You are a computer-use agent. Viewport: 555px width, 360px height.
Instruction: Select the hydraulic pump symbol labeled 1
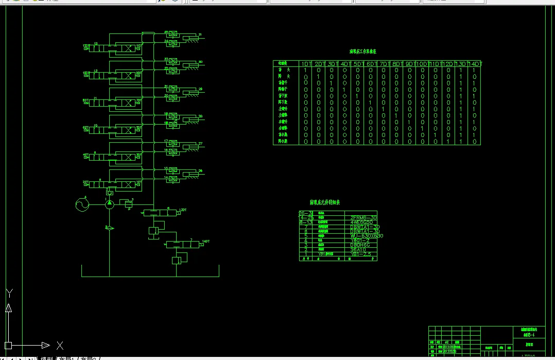pyautogui.click(x=109, y=205)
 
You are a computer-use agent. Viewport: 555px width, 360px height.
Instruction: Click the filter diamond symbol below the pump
pyautogui.click(x=109, y=227)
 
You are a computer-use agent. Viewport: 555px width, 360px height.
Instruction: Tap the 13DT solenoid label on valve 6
pyautogui.click(x=183, y=210)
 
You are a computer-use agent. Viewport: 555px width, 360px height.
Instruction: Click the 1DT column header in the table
pyautogui.click(x=307, y=64)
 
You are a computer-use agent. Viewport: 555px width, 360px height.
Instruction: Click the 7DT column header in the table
pyautogui.click(x=384, y=64)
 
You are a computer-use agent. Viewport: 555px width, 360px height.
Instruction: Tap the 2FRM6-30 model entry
pyautogui.click(x=363, y=217)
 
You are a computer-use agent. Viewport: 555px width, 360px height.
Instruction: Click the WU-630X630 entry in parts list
pyautogui.click(x=367, y=236)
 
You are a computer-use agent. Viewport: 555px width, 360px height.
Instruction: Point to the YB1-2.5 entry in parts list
pyautogui.click(x=361, y=254)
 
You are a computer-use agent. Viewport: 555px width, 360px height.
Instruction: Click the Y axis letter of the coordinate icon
pyautogui.click(x=9, y=294)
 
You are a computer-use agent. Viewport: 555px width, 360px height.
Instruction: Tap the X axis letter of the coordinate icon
pyautogui.click(x=60, y=345)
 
